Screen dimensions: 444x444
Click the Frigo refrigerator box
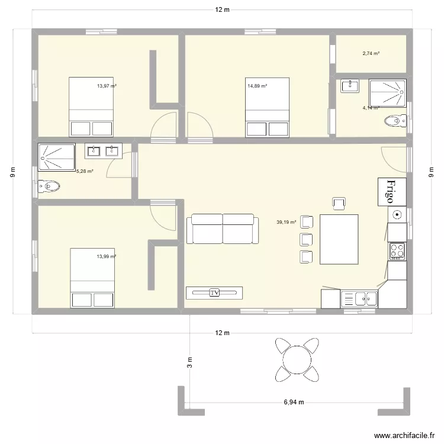click(x=392, y=191)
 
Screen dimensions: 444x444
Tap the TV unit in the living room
click(x=214, y=292)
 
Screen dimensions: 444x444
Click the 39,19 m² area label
click(x=286, y=223)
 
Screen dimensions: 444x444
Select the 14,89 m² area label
click(x=257, y=86)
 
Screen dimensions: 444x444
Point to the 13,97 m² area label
click(x=107, y=86)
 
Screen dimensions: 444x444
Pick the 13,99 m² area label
click(x=107, y=256)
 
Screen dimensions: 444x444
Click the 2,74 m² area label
click(x=371, y=54)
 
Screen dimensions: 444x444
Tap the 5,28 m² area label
click(x=85, y=171)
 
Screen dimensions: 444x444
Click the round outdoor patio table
click(x=295, y=358)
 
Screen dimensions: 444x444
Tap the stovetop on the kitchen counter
click(x=397, y=250)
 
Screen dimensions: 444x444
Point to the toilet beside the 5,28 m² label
click(x=49, y=187)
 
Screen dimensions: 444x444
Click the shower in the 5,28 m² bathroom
click(x=56, y=155)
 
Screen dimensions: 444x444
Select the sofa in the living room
click(x=223, y=229)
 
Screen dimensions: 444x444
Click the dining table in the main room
click(x=339, y=239)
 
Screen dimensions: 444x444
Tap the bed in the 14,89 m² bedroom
click(x=268, y=107)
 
